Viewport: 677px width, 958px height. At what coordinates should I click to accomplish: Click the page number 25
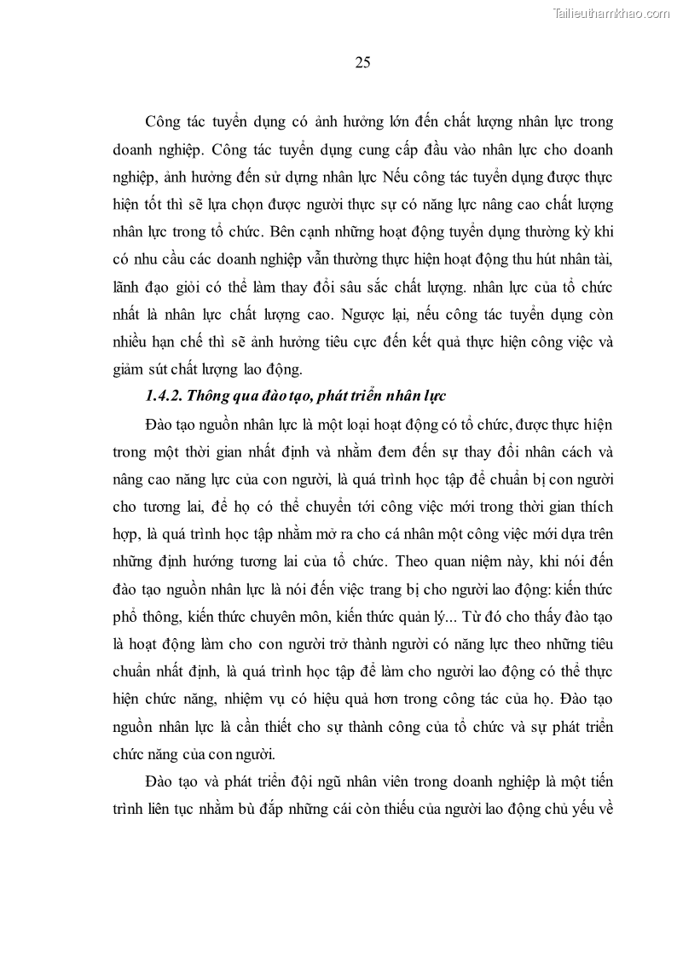362,62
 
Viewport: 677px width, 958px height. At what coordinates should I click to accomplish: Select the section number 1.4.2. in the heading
161,396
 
